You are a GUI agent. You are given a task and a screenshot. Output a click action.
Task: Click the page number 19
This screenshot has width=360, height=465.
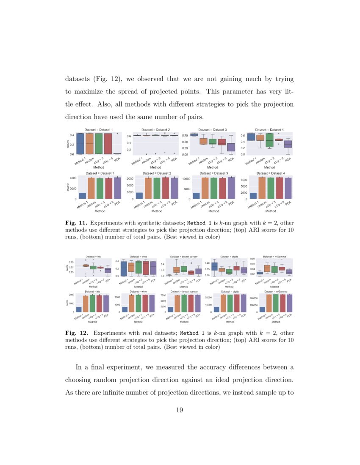180,410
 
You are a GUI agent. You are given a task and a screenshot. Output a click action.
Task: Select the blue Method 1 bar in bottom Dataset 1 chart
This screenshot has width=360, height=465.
83,196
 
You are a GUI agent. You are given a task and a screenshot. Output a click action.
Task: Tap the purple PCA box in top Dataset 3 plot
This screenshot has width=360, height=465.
230,147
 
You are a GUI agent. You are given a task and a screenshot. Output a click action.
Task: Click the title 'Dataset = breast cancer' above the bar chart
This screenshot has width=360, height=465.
184,292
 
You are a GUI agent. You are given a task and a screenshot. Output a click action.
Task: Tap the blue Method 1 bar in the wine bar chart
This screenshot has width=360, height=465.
125,309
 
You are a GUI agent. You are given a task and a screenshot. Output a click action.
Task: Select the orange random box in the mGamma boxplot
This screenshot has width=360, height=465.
267,268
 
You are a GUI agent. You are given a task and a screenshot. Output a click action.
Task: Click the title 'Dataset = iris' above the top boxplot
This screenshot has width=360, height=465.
92,257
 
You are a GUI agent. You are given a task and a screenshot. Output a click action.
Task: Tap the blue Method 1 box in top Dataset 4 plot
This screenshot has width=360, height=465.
251,137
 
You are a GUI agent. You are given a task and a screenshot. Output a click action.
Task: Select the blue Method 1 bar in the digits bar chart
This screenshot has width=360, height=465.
217,309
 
